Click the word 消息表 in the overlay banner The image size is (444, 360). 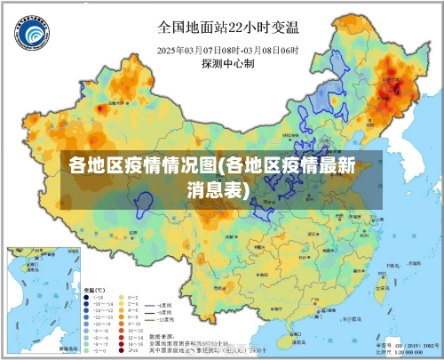coord(218,189)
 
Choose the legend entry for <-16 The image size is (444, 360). coord(92,299)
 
